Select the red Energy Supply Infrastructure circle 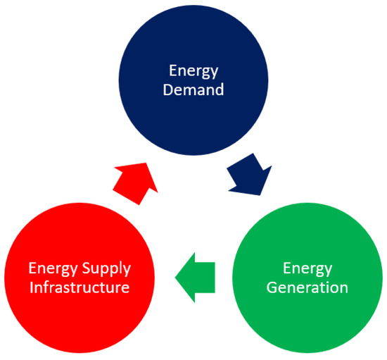pos(79,278)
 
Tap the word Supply pos(113,268)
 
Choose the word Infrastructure pos(79,287)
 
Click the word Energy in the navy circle pos(193,70)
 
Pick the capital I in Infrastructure pos(30,287)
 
